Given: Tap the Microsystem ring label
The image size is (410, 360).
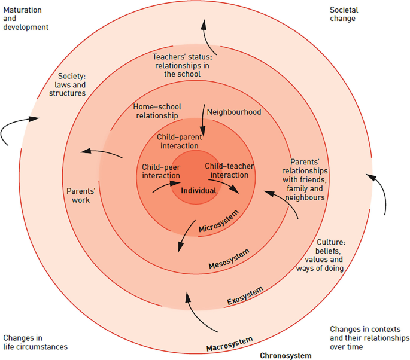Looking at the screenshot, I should pyautogui.click(x=218, y=222).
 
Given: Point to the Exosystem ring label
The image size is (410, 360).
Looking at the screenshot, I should pyautogui.click(x=244, y=295).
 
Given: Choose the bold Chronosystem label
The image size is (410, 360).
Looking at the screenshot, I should pyautogui.click(x=286, y=355).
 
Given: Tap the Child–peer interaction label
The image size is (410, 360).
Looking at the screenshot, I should pyautogui.click(x=161, y=171).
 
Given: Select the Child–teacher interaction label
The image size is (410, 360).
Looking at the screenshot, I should pyautogui.click(x=226, y=170).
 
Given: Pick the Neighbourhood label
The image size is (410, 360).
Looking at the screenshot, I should pyautogui.click(x=234, y=112).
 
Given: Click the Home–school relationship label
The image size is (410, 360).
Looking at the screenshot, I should pyautogui.click(x=156, y=111).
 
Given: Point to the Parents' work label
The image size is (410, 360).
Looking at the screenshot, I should pyautogui.click(x=78, y=196).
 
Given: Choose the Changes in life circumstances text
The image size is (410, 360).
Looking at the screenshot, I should pyautogui.click(x=35, y=342).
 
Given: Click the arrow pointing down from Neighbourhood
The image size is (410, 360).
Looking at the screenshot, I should pyautogui.click(x=204, y=122).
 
